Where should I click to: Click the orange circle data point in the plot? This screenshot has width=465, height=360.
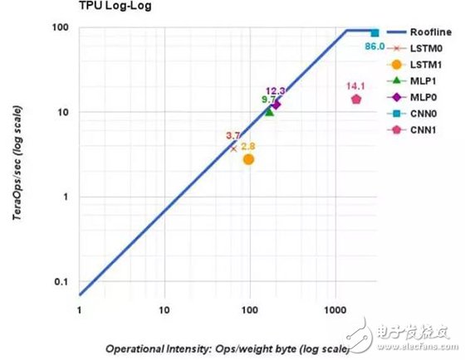pyautogui.click(x=248, y=159)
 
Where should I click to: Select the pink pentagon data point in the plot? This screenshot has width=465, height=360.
pyautogui.click(x=356, y=100)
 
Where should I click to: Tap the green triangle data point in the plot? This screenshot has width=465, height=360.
pyautogui.click(x=268, y=110)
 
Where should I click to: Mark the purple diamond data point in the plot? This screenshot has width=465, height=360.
pyautogui.click(x=277, y=104)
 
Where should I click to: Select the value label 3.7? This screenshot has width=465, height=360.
pyautogui.click(x=233, y=135)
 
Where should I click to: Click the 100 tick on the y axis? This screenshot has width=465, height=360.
pyautogui.click(x=61, y=28)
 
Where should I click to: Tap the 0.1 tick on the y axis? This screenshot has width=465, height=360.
pyautogui.click(x=61, y=282)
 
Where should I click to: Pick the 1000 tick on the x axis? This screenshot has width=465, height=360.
pyautogui.click(x=335, y=310)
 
